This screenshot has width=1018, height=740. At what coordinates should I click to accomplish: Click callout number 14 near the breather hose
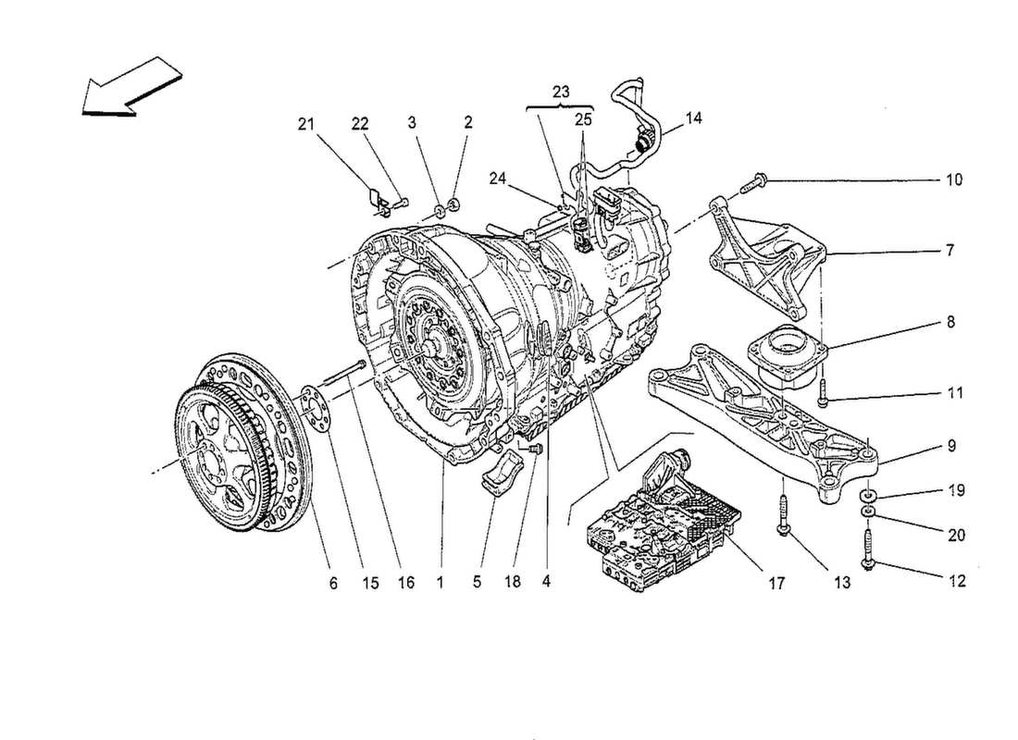tap(694, 118)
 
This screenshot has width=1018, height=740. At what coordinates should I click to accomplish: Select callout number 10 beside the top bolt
tap(954, 179)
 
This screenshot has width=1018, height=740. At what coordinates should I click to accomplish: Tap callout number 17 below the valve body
tap(775, 583)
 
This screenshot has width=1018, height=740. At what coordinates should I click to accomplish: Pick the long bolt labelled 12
tap(871, 546)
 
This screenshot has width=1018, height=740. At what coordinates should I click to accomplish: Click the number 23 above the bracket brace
tap(559, 92)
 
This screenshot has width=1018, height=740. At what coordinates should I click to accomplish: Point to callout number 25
tap(581, 120)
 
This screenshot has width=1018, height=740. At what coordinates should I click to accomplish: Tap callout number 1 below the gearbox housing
tap(441, 583)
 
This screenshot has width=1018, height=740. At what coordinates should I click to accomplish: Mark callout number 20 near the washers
tap(954, 534)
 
